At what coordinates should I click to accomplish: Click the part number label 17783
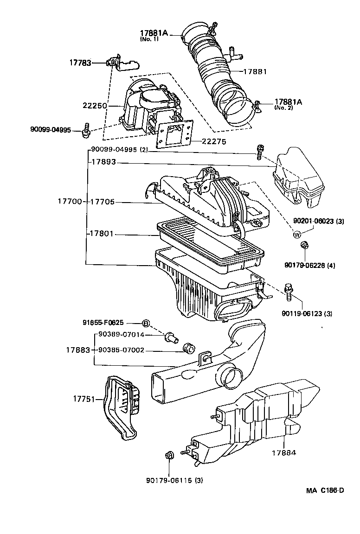point(81,63)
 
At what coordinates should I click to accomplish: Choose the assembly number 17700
point(70,202)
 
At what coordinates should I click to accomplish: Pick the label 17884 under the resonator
point(283,452)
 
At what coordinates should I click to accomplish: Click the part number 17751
point(84,398)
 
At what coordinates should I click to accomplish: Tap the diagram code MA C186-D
point(324,491)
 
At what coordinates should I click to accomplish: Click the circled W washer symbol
point(297,235)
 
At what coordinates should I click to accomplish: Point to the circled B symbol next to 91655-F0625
point(145,323)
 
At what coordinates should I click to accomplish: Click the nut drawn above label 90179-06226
point(305,246)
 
